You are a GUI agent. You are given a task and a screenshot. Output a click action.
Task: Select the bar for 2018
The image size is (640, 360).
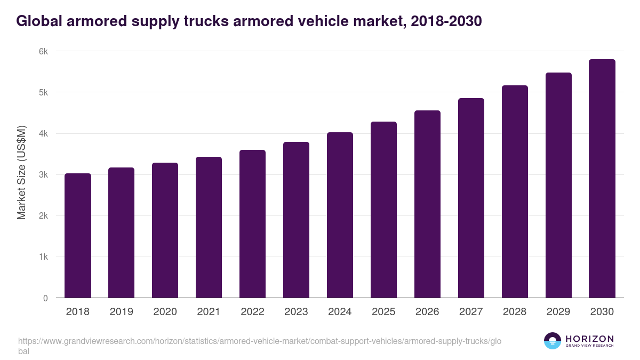click(x=78, y=236)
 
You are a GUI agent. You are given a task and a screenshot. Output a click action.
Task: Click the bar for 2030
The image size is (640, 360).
click(x=602, y=179)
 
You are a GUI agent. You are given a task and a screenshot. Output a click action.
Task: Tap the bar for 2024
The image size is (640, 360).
click(x=340, y=215)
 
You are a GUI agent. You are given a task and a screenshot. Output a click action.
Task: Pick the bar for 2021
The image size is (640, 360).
click(x=209, y=227)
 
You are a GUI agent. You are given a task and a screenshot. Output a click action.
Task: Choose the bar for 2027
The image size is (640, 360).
click(x=471, y=198)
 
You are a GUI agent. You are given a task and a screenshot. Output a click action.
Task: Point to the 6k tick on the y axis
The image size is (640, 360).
click(x=43, y=51)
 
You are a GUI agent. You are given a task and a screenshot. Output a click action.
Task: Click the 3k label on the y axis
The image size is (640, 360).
click(x=43, y=175)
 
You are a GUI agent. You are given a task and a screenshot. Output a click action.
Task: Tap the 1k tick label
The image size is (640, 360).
click(x=43, y=257)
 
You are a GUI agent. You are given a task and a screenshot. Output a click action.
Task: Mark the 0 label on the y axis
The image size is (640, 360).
click(x=45, y=298)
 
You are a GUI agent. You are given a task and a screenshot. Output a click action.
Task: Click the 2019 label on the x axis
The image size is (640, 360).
click(x=122, y=312)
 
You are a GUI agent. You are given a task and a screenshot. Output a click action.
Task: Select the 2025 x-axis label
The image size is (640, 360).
click(x=383, y=312)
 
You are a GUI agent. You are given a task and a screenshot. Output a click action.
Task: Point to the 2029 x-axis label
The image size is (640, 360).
click(x=558, y=312)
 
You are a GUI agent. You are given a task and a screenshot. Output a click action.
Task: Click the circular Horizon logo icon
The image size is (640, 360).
click(x=553, y=341)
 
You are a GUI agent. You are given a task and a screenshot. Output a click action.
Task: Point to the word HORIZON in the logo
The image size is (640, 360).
click(x=589, y=338)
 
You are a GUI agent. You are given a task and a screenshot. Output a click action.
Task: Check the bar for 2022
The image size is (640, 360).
click(x=252, y=224)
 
